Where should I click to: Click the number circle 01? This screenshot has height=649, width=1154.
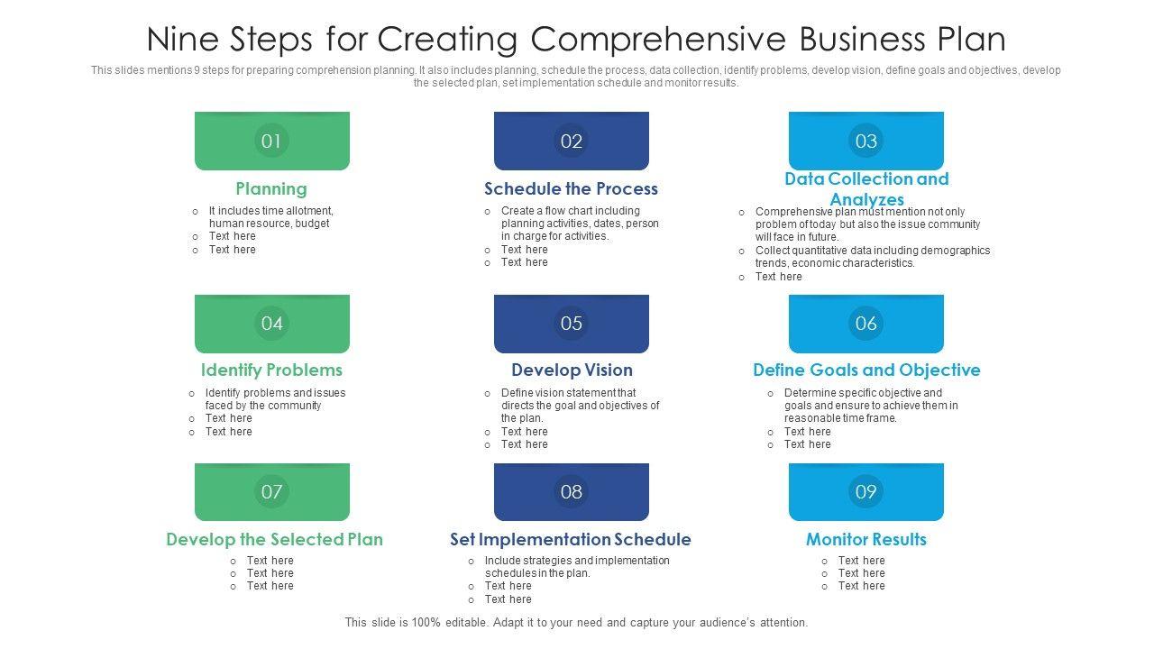[x=271, y=141]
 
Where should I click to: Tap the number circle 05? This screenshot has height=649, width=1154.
[x=572, y=323]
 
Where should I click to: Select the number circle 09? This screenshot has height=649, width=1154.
[x=865, y=491]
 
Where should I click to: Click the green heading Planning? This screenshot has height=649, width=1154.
[x=271, y=188]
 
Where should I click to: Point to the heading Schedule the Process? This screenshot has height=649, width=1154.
[x=571, y=188]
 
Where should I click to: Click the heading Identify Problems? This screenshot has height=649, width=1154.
[x=271, y=370]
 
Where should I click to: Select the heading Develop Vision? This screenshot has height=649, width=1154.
[x=572, y=370]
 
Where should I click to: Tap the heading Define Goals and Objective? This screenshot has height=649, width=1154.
[x=866, y=370]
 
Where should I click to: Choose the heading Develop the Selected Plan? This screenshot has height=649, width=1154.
[x=274, y=539]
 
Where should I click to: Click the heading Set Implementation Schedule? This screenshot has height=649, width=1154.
[x=571, y=539]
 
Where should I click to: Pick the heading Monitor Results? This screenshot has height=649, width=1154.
[x=866, y=539]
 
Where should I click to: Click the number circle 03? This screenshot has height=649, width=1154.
[x=865, y=141]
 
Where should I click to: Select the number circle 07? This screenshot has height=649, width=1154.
[x=271, y=491]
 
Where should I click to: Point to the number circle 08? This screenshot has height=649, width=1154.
[x=572, y=491]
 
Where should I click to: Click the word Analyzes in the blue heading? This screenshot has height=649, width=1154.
[x=866, y=199]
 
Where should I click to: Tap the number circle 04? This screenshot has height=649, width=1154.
[x=271, y=323]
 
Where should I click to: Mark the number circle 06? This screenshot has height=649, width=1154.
[x=865, y=323]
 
